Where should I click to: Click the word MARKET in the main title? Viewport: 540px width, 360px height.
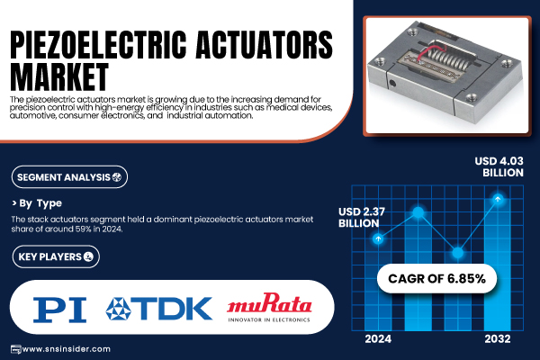[x=59, y=77]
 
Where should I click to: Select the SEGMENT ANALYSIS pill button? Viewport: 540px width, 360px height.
[x=69, y=177]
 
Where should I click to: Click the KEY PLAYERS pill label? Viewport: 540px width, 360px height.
[x=56, y=256]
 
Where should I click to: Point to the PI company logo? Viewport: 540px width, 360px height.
[x=59, y=310]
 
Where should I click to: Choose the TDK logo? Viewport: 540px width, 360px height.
[x=158, y=309]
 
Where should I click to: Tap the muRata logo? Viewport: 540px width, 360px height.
[x=269, y=307]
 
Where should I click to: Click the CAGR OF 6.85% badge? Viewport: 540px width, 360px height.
[x=436, y=278]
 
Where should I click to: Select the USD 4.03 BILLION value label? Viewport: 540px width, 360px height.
[x=499, y=166]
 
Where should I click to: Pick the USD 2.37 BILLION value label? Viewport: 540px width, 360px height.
[x=362, y=218]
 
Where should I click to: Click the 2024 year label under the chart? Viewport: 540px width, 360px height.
[x=378, y=339]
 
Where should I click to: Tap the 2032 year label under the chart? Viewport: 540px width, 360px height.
[x=498, y=339]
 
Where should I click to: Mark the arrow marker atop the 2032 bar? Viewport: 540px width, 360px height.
[x=498, y=199]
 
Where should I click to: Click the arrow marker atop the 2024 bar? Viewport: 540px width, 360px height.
[x=378, y=238]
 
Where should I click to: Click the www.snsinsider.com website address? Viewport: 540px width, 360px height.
[x=67, y=349]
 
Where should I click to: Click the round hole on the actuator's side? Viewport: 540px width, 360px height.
[x=392, y=84]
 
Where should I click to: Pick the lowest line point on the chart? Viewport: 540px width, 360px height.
[x=458, y=253]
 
